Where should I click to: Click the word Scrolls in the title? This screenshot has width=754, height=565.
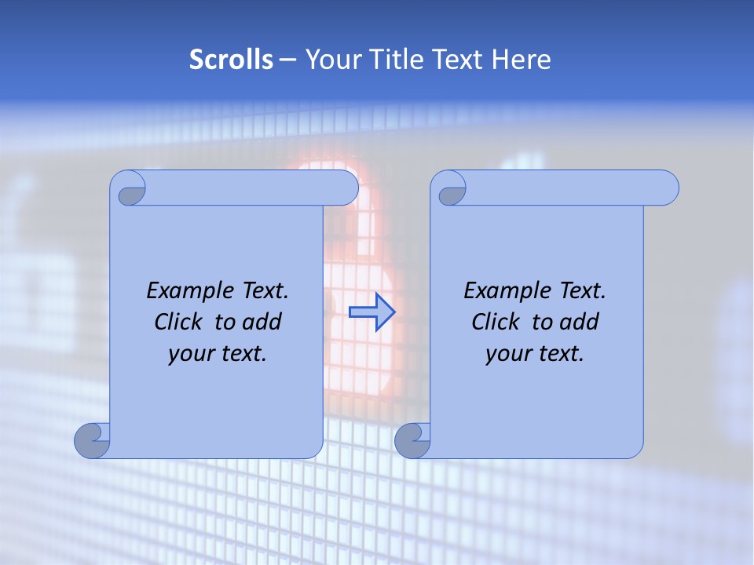point(231,60)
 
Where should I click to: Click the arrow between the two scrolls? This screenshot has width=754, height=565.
point(372,312)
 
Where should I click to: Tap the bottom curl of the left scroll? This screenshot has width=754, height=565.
point(93,441)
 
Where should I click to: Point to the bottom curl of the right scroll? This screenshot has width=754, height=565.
point(412,441)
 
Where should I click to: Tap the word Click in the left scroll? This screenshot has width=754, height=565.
point(179,322)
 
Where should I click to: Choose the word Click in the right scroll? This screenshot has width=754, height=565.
point(496,322)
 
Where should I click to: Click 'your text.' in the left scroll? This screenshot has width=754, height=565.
point(218,354)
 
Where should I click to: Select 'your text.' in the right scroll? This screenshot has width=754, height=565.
point(535,354)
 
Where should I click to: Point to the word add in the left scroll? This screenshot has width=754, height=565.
point(262,322)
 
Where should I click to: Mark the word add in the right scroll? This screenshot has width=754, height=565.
point(580,322)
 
